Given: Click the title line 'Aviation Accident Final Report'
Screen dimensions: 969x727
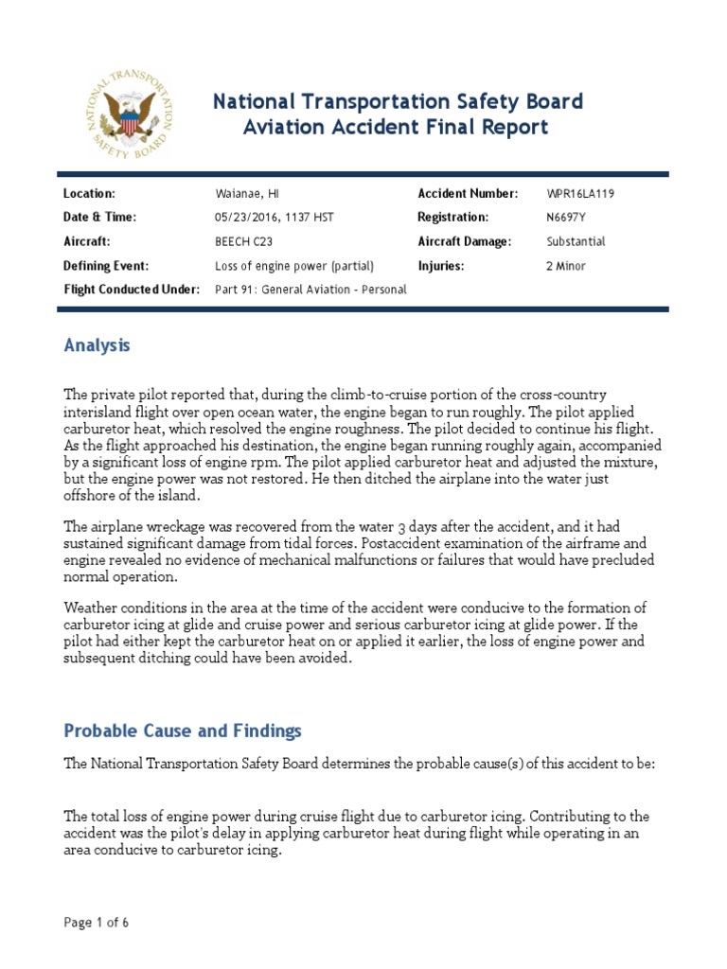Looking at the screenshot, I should pyautogui.click(x=391, y=128).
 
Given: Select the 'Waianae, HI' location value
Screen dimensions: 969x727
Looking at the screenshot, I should pyautogui.click(x=246, y=193).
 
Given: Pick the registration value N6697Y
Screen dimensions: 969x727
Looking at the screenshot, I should pyautogui.click(x=567, y=217).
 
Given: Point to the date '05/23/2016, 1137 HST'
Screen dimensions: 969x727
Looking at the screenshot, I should pyautogui.click(x=275, y=217).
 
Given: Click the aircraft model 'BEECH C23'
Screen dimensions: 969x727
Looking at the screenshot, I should pyautogui.click(x=244, y=241).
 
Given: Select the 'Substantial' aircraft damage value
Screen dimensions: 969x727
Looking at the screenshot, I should pyautogui.click(x=576, y=241).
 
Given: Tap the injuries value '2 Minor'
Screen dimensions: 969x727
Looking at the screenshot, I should pyautogui.click(x=566, y=266).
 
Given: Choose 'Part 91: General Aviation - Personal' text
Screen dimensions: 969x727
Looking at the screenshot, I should pyautogui.click(x=311, y=290).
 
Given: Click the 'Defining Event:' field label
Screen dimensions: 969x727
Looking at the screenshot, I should pyautogui.click(x=106, y=266).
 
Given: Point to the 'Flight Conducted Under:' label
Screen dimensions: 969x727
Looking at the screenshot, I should pyautogui.click(x=132, y=290).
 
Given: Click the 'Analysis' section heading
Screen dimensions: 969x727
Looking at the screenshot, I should pyautogui.click(x=97, y=345).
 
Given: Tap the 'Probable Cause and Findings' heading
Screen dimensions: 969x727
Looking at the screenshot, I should pyautogui.click(x=183, y=731).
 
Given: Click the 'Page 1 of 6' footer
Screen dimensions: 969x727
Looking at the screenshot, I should pyautogui.click(x=96, y=923).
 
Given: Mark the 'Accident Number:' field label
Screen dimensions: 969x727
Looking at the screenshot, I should pyautogui.click(x=468, y=193).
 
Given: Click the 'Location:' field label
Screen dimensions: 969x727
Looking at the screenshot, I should pyautogui.click(x=89, y=193).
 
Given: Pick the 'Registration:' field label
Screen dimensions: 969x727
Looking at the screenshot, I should pyautogui.click(x=452, y=217).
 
